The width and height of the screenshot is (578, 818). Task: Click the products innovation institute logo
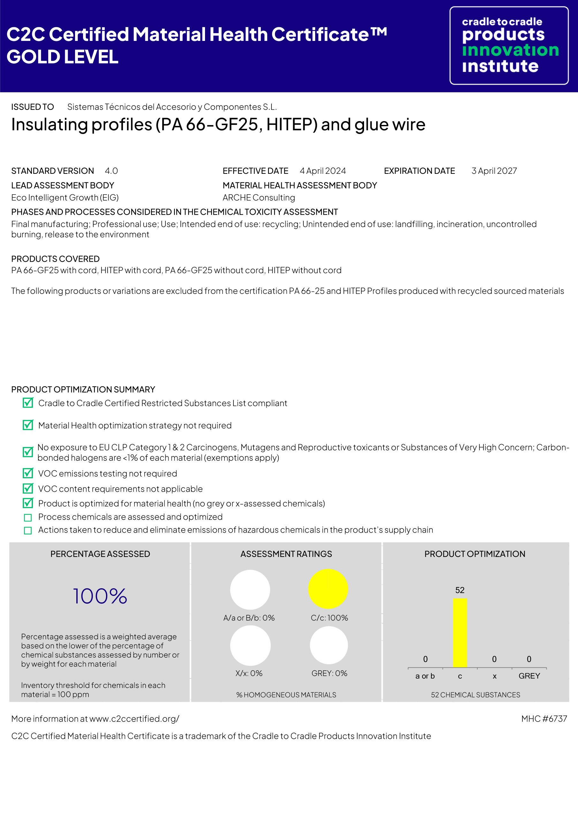click(509, 45)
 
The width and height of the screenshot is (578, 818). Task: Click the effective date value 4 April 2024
click(323, 171)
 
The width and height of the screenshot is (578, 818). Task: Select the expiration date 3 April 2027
click(494, 171)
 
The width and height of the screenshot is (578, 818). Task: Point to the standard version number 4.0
click(111, 171)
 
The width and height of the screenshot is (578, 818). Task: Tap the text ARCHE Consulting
click(259, 198)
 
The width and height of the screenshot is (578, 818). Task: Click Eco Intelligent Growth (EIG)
click(65, 198)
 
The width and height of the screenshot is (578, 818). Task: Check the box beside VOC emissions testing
click(28, 473)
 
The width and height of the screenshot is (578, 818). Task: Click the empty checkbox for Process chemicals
click(28, 517)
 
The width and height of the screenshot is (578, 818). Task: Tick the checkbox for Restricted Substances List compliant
click(28, 403)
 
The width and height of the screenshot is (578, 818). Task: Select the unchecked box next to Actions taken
click(28, 530)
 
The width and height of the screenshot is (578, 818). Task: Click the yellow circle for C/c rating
click(328, 589)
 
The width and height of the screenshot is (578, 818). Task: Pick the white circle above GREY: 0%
click(329, 645)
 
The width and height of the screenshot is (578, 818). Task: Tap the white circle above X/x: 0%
click(250, 645)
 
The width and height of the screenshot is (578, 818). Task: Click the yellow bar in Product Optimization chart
click(460, 632)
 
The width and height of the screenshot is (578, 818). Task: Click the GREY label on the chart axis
click(529, 676)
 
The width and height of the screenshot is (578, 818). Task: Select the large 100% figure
click(100, 596)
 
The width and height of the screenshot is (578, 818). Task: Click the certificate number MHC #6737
click(544, 719)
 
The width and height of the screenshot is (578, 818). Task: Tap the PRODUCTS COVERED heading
click(56, 259)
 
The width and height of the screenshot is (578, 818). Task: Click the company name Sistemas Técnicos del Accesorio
click(172, 107)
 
